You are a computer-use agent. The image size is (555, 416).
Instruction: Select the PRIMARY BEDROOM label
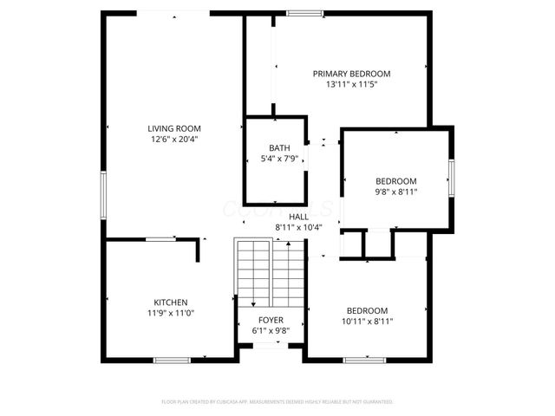(351, 74)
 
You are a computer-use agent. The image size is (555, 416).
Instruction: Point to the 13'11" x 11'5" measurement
(351, 85)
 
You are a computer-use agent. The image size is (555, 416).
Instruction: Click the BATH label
(279, 148)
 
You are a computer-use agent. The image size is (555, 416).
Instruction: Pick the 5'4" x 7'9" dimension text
(279, 159)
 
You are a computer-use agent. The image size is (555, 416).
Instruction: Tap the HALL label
(298, 217)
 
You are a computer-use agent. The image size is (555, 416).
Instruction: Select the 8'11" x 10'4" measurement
(298, 227)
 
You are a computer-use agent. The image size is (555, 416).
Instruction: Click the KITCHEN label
(170, 302)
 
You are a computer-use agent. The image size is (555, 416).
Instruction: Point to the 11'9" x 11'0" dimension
(170, 313)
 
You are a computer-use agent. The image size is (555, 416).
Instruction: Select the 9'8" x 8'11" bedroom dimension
(395, 192)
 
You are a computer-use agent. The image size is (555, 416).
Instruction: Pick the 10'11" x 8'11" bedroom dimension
(368, 322)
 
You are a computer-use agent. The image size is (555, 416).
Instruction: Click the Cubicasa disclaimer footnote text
(277, 402)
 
